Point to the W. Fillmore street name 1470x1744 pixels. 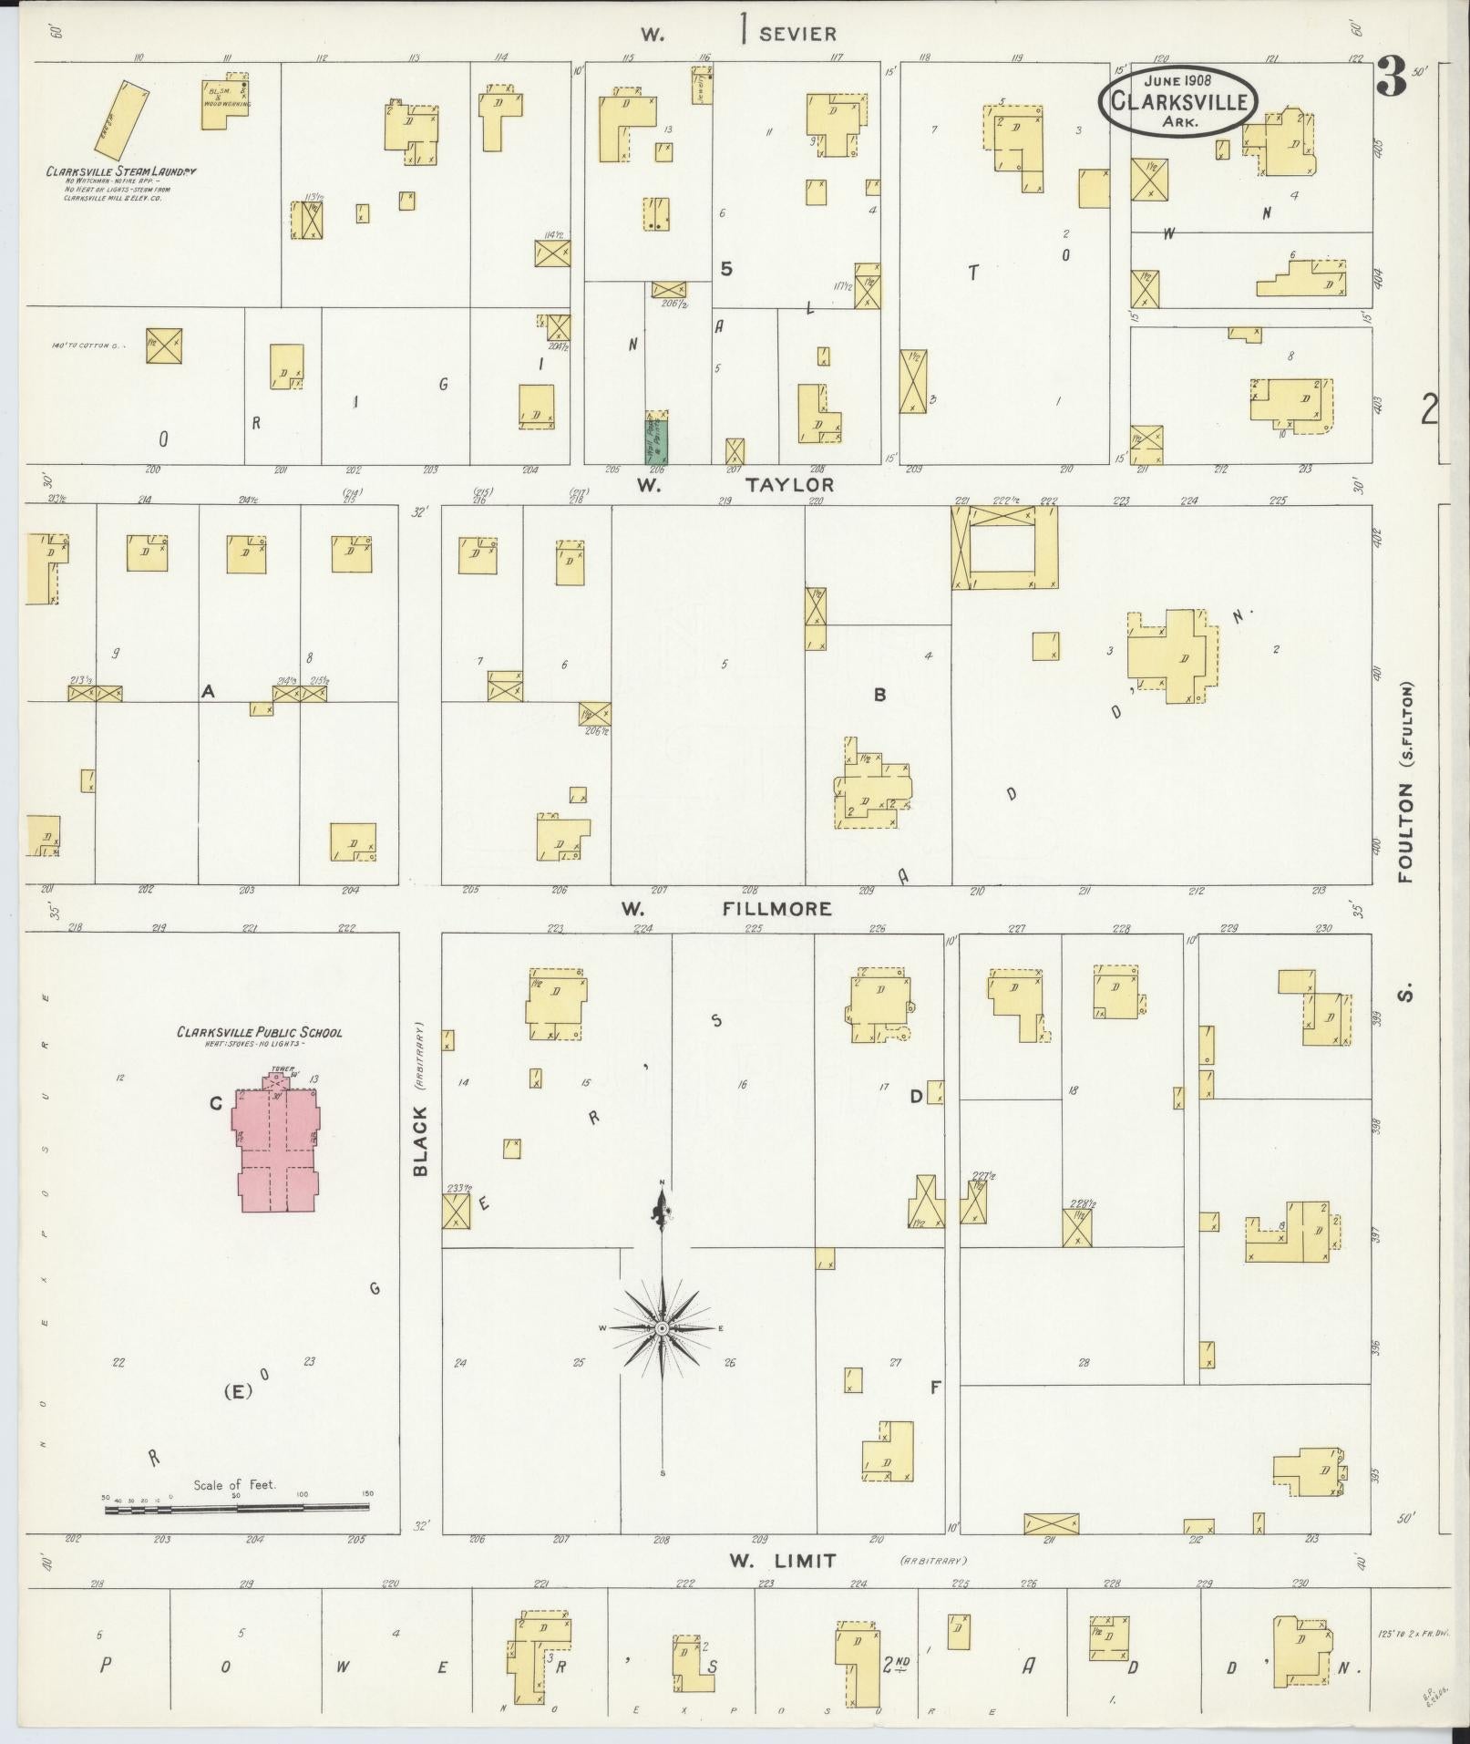pyautogui.click(x=725, y=909)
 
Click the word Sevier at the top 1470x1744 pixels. pyautogui.click(x=797, y=35)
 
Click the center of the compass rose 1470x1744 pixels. pyautogui.click(x=662, y=1329)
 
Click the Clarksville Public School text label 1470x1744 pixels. pyautogui.click(x=260, y=1033)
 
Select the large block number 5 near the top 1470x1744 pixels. pyautogui.click(x=726, y=269)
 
